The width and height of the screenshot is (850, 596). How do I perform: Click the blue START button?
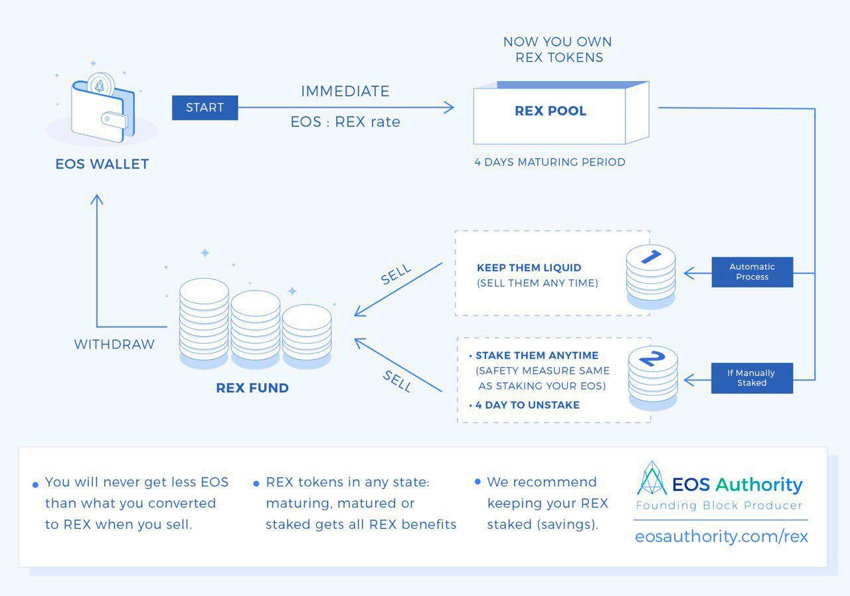click(x=205, y=108)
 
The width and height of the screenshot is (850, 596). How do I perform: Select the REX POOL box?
click(x=551, y=112)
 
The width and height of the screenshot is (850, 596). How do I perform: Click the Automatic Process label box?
click(x=752, y=272)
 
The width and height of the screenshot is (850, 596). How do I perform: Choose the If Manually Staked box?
click(x=752, y=378)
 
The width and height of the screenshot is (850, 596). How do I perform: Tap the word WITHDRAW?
click(x=114, y=345)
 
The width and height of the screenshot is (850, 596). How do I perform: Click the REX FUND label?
click(x=252, y=388)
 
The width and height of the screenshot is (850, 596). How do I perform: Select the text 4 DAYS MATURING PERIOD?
click(x=550, y=162)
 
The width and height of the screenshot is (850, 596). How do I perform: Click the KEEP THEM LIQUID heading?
click(x=529, y=268)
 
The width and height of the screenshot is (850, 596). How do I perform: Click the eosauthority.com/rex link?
click(x=721, y=537)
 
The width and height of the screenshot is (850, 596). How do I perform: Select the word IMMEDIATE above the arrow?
click(x=345, y=92)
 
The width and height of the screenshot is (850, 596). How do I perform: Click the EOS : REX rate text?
click(x=345, y=122)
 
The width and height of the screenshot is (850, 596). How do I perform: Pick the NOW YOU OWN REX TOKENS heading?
click(x=557, y=50)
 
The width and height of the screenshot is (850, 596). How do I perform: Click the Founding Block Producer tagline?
click(x=719, y=506)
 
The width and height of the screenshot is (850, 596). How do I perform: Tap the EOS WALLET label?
click(x=102, y=164)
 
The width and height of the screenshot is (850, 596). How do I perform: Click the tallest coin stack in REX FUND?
click(x=204, y=322)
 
